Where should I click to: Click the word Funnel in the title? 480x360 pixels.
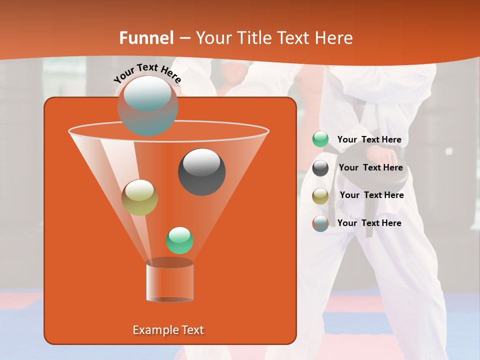coord(146,38)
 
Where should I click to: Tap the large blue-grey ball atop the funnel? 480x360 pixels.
coord(147,105)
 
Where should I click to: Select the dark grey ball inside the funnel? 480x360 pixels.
coord(201,171)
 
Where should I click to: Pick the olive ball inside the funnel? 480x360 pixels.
coord(139,197)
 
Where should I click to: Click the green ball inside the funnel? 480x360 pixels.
coord(179,240)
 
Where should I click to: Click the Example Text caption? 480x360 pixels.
coord(168,330)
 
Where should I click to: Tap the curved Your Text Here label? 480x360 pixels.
coord(147,72)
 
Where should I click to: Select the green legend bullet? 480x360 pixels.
coord(320,139)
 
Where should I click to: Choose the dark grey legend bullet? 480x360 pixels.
coord(320,168)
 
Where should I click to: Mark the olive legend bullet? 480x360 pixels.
coord(320,195)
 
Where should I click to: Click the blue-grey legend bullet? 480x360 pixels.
coord(320,223)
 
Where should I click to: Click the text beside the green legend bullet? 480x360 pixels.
coord(369,140)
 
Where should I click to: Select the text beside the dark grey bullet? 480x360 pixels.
coord(370,168)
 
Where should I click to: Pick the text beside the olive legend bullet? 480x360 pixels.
coord(371,195)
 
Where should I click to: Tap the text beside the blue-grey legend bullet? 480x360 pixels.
coord(369,223)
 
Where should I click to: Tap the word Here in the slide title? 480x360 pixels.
coord(334,38)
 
